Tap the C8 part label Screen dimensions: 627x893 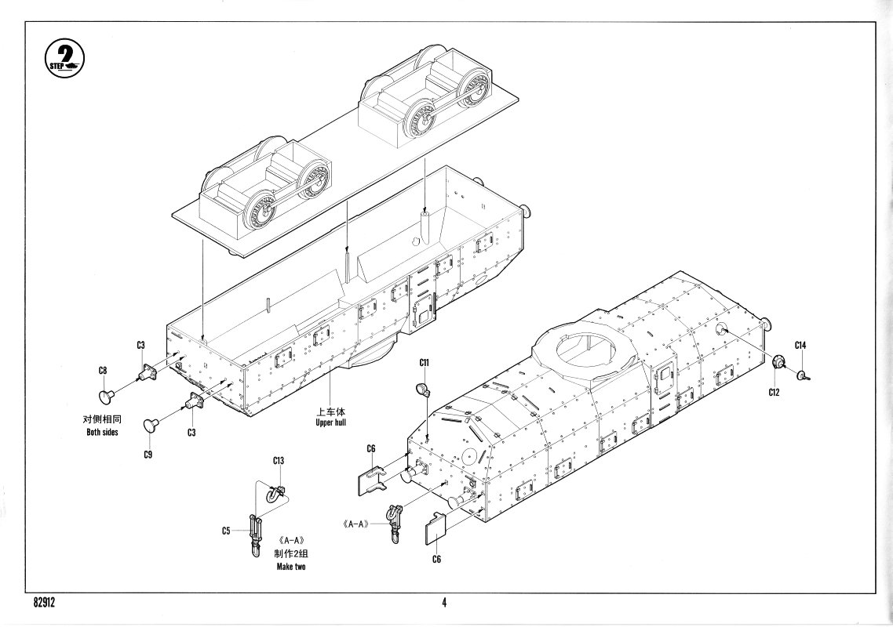(103, 371)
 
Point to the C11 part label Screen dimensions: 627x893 (425, 363)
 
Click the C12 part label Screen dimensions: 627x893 (775, 391)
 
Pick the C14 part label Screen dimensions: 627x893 (800, 345)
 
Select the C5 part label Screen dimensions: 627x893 (226, 531)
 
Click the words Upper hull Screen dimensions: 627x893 (330, 423)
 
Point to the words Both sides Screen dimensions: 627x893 (102, 433)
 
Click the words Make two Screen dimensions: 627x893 (290, 567)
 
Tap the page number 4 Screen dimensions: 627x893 (444, 603)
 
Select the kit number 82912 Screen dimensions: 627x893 (49, 603)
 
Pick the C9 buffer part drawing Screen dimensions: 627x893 (151, 425)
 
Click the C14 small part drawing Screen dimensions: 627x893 (803, 375)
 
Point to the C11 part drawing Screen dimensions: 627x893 (424, 389)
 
